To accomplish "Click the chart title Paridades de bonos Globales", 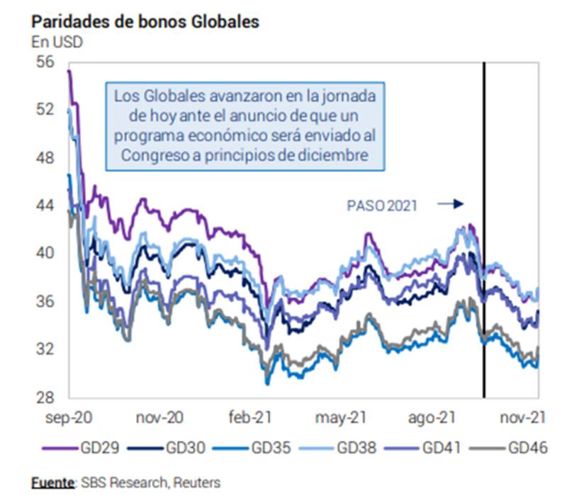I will click(x=145, y=21).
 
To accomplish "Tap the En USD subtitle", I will click(x=57, y=42).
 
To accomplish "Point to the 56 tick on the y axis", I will click(x=45, y=62).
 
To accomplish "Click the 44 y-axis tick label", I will click(x=45, y=206).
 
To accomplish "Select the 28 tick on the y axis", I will click(x=45, y=397).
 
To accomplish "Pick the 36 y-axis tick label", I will click(x=45, y=301).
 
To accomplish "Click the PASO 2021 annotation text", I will click(x=382, y=206).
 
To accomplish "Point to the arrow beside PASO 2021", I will click(x=450, y=204).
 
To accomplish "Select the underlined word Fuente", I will click(x=53, y=483).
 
